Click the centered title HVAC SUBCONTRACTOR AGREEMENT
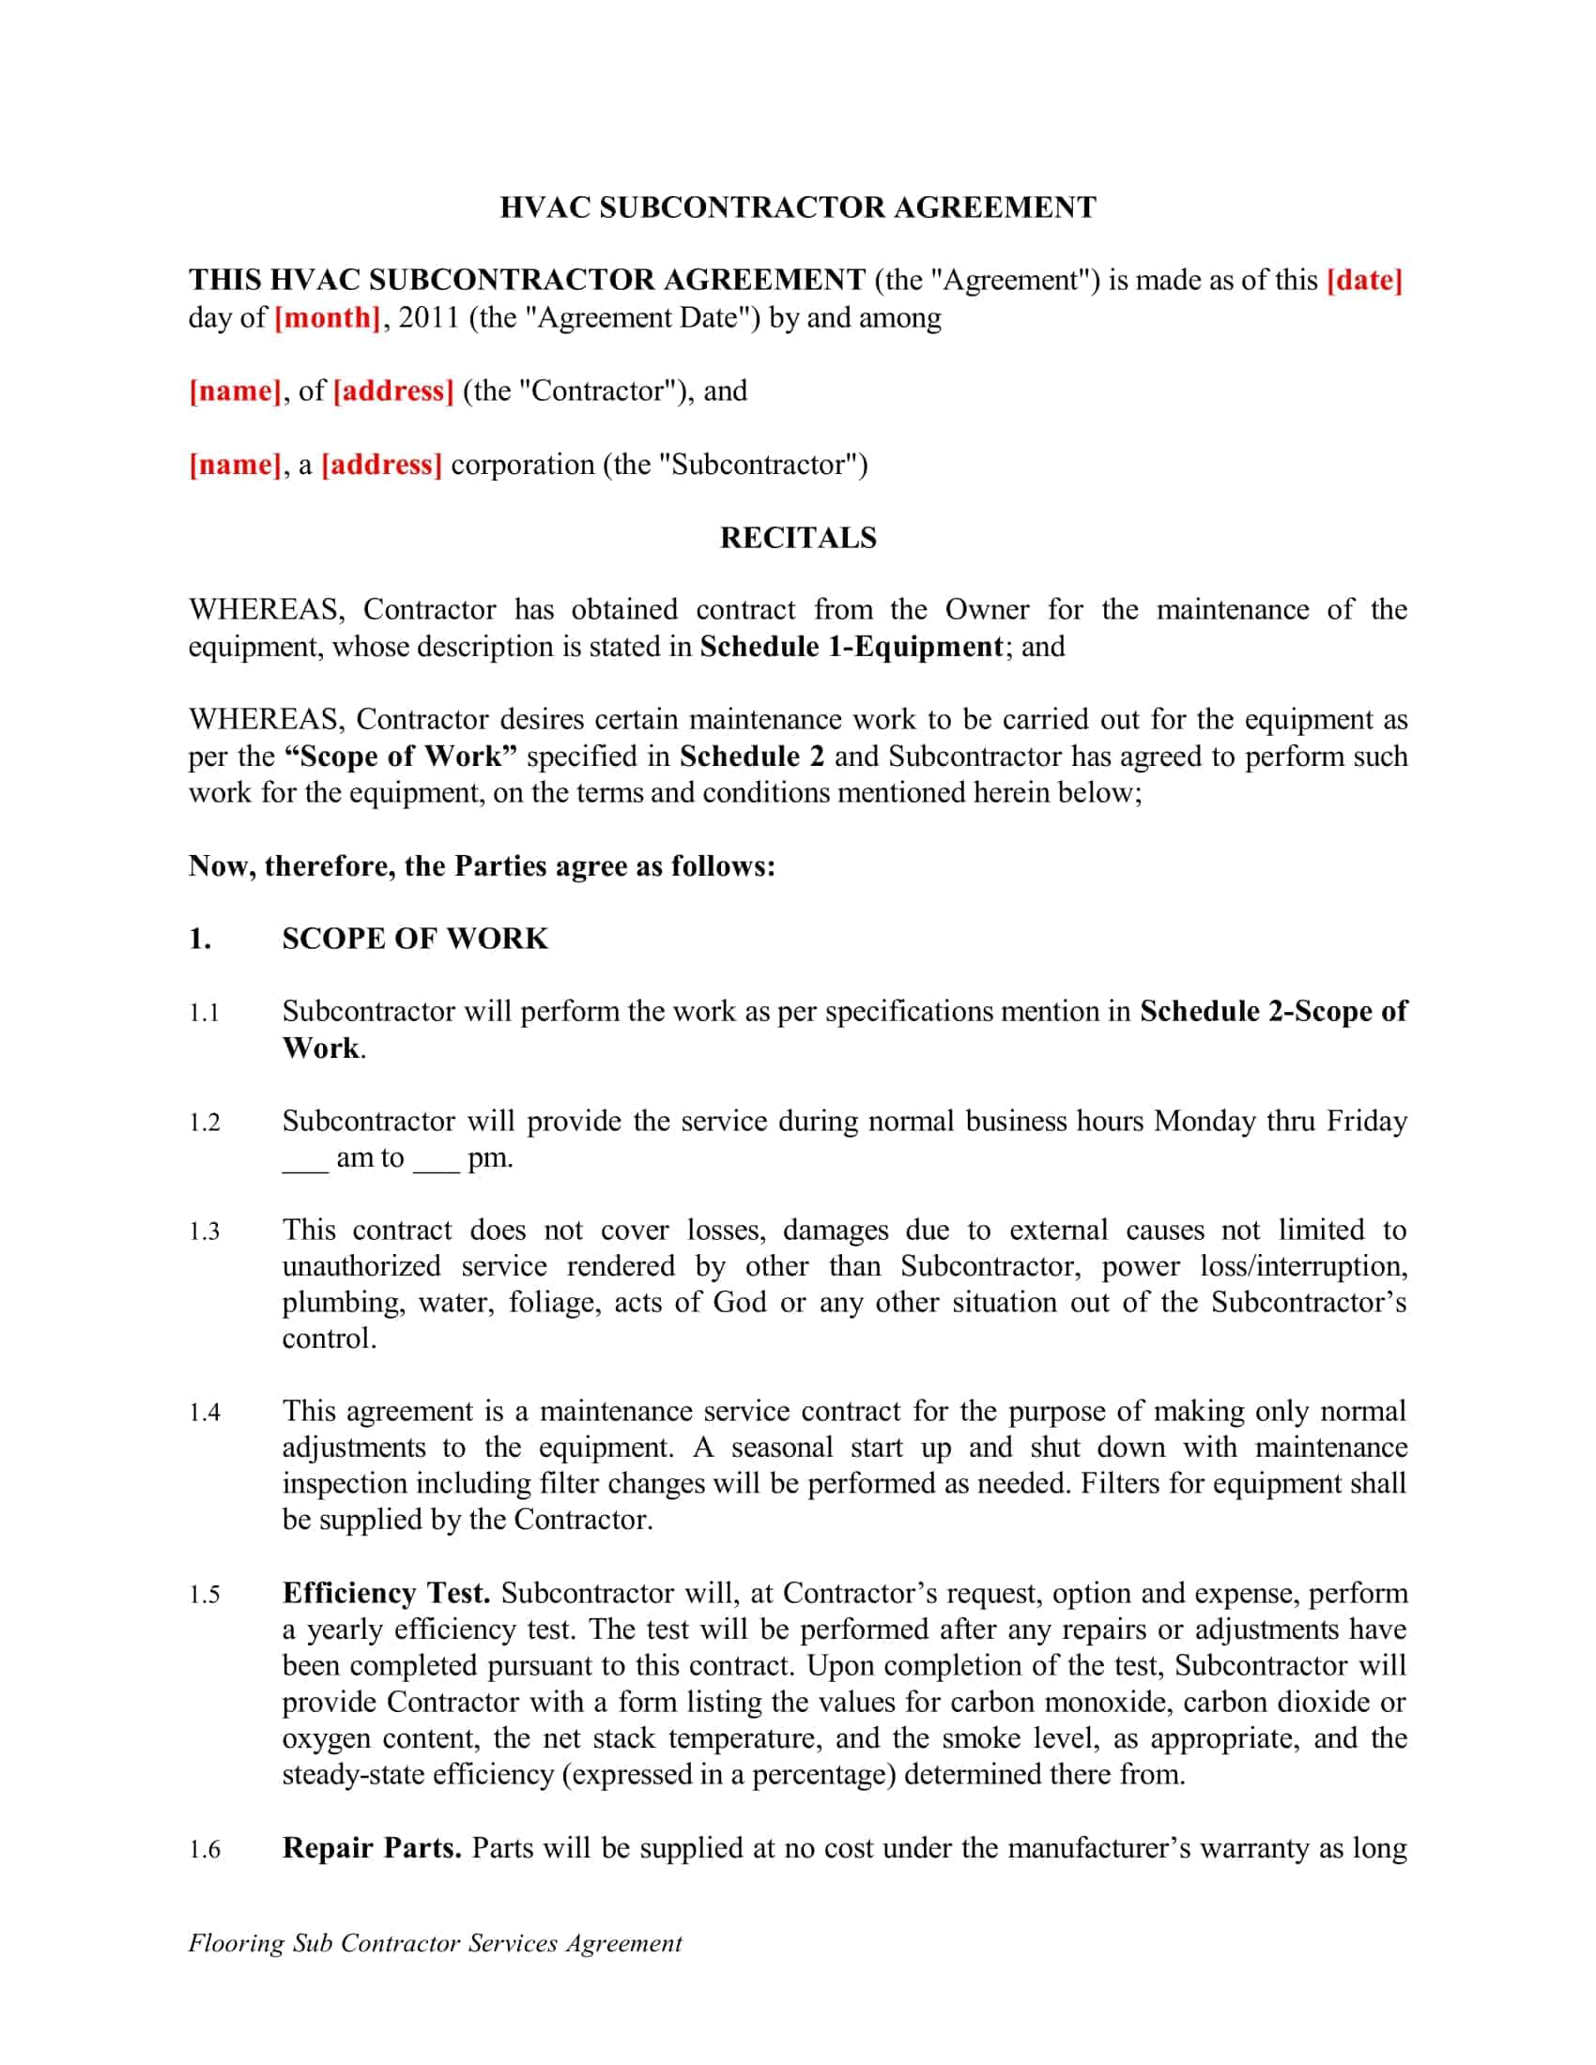coord(797,207)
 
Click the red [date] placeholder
coord(1364,280)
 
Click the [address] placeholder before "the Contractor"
coord(393,390)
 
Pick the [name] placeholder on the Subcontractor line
coord(235,465)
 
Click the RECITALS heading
coord(797,537)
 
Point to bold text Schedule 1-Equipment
coord(850,647)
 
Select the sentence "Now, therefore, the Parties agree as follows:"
coord(482,866)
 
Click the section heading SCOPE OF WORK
coord(414,939)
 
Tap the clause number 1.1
coord(205,1013)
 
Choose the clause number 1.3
coord(205,1231)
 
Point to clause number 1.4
coord(205,1413)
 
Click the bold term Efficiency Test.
coord(386,1593)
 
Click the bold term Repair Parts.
coord(371,1847)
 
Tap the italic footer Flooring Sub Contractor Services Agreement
coord(435,1943)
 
